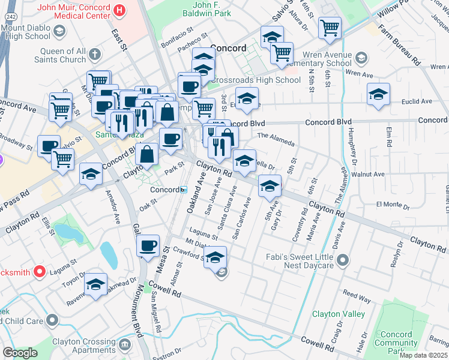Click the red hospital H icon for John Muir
tap(119, 10)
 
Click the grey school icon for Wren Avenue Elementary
tap(361, 58)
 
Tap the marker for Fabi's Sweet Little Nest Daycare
tap(343, 260)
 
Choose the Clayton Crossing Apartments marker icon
tap(125, 344)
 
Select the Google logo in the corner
tap(20, 352)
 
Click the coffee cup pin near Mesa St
tap(148, 246)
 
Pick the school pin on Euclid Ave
tap(378, 95)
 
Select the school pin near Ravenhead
tap(95, 285)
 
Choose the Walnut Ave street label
tap(370, 174)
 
